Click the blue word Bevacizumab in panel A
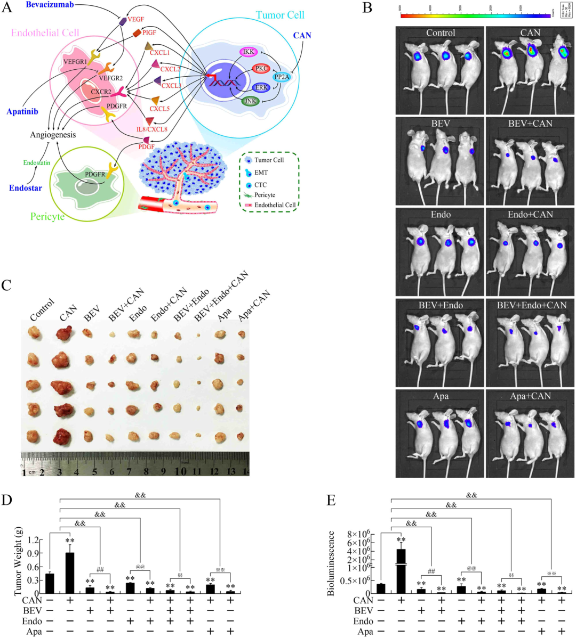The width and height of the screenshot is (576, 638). tap(50, 5)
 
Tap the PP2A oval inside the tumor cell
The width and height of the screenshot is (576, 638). tap(282, 77)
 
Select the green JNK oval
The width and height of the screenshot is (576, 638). tap(250, 101)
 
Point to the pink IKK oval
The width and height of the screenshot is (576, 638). tap(249, 52)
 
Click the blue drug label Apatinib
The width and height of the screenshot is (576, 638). tap(22, 112)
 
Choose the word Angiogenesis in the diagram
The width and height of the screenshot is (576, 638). tap(53, 135)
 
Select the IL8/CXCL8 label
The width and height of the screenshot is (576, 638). tap(152, 129)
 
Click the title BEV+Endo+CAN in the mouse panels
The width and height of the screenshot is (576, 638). tap(530, 306)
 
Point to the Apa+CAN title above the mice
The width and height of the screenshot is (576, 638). tap(530, 396)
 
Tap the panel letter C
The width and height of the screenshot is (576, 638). tap(6, 285)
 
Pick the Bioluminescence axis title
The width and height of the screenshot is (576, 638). tap(331, 563)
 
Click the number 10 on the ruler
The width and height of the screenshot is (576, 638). tap(181, 471)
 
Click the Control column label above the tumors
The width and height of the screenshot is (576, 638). tap(43, 310)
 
